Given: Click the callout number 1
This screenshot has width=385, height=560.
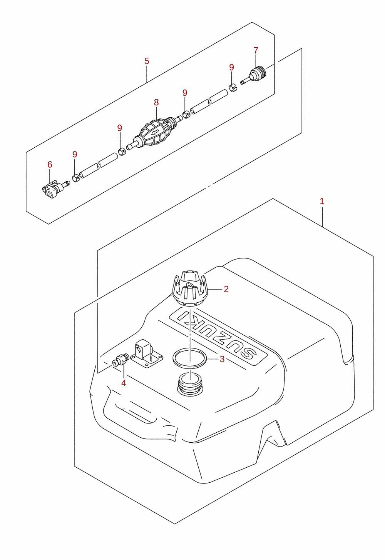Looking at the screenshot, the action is click(322, 201).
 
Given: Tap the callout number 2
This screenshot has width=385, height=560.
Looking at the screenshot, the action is click(226, 289).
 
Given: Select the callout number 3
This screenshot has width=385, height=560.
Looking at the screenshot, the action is click(222, 359).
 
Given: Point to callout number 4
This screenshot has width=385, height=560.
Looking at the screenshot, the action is click(124, 383).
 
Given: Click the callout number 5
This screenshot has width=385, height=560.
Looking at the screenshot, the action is click(147, 61).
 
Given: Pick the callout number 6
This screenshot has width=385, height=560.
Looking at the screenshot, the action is click(50, 165).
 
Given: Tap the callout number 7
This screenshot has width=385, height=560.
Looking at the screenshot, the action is click(256, 50).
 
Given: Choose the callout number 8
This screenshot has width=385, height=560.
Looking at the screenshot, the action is click(156, 102).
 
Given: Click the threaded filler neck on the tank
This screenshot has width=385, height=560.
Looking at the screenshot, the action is click(190, 384).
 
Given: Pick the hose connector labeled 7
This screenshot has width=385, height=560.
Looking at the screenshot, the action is click(254, 75).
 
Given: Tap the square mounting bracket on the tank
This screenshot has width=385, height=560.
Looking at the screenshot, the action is click(147, 354).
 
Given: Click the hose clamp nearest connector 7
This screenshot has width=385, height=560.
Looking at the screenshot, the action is click(233, 88).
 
